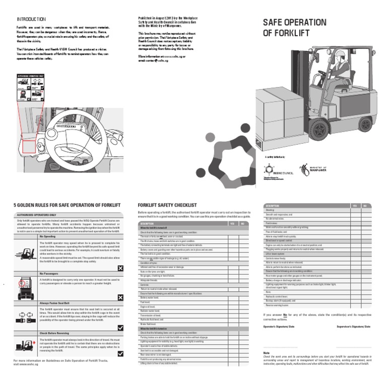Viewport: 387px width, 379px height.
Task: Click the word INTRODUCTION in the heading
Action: pyautogui.click(x=31, y=19)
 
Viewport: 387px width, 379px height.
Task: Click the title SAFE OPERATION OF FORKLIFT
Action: pyautogui.click(x=294, y=28)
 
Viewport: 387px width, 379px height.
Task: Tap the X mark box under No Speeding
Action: pyautogui.click(x=120, y=268)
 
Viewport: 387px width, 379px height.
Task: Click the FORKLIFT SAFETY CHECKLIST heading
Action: pyautogui.click(x=167, y=206)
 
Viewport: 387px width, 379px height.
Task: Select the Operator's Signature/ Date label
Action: pyautogui.click(x=280, y=327)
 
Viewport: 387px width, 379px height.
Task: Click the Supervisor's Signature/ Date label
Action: pyautogui.click(x=354, y=327)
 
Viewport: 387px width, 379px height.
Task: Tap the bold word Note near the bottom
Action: pyautogui.click(x=267, y=352)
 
